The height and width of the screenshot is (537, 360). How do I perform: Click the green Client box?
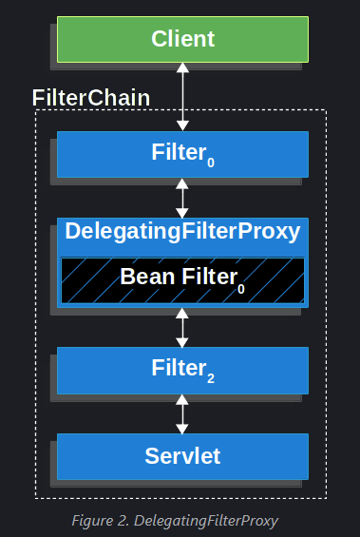[x=182, y=40]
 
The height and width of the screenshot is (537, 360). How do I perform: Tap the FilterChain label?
[x=91, y=98]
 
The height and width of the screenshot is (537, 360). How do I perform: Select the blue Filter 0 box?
[x=182, y=154]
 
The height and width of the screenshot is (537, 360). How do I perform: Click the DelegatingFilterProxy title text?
[x=182, y=231]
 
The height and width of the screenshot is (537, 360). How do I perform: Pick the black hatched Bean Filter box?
[x=182, y=279]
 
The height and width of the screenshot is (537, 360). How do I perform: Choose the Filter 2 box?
[x=182, y=370]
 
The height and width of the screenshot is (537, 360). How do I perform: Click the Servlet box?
[x=182, y=456]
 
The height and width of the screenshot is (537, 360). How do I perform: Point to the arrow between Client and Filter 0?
[x=182, y=97]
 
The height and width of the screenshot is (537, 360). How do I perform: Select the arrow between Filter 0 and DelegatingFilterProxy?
[x=182, y=199]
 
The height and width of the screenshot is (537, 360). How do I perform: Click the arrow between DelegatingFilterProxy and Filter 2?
[x=182, y=327]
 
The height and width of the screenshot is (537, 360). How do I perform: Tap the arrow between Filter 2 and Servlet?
[x=182, y=413]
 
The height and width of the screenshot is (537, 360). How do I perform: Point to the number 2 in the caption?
[x=127, y=520]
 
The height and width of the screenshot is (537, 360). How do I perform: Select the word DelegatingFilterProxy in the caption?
[x=206, y=520]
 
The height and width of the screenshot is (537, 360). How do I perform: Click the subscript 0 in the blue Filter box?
[x=210, y=163]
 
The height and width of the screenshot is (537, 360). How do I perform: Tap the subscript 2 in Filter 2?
[x=210, y=378]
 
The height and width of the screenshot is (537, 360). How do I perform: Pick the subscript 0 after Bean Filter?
[x=241, y=287]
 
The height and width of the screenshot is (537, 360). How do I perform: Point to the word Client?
[x=182, y=40]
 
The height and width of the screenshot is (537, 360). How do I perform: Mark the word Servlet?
[x=182, y=456]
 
